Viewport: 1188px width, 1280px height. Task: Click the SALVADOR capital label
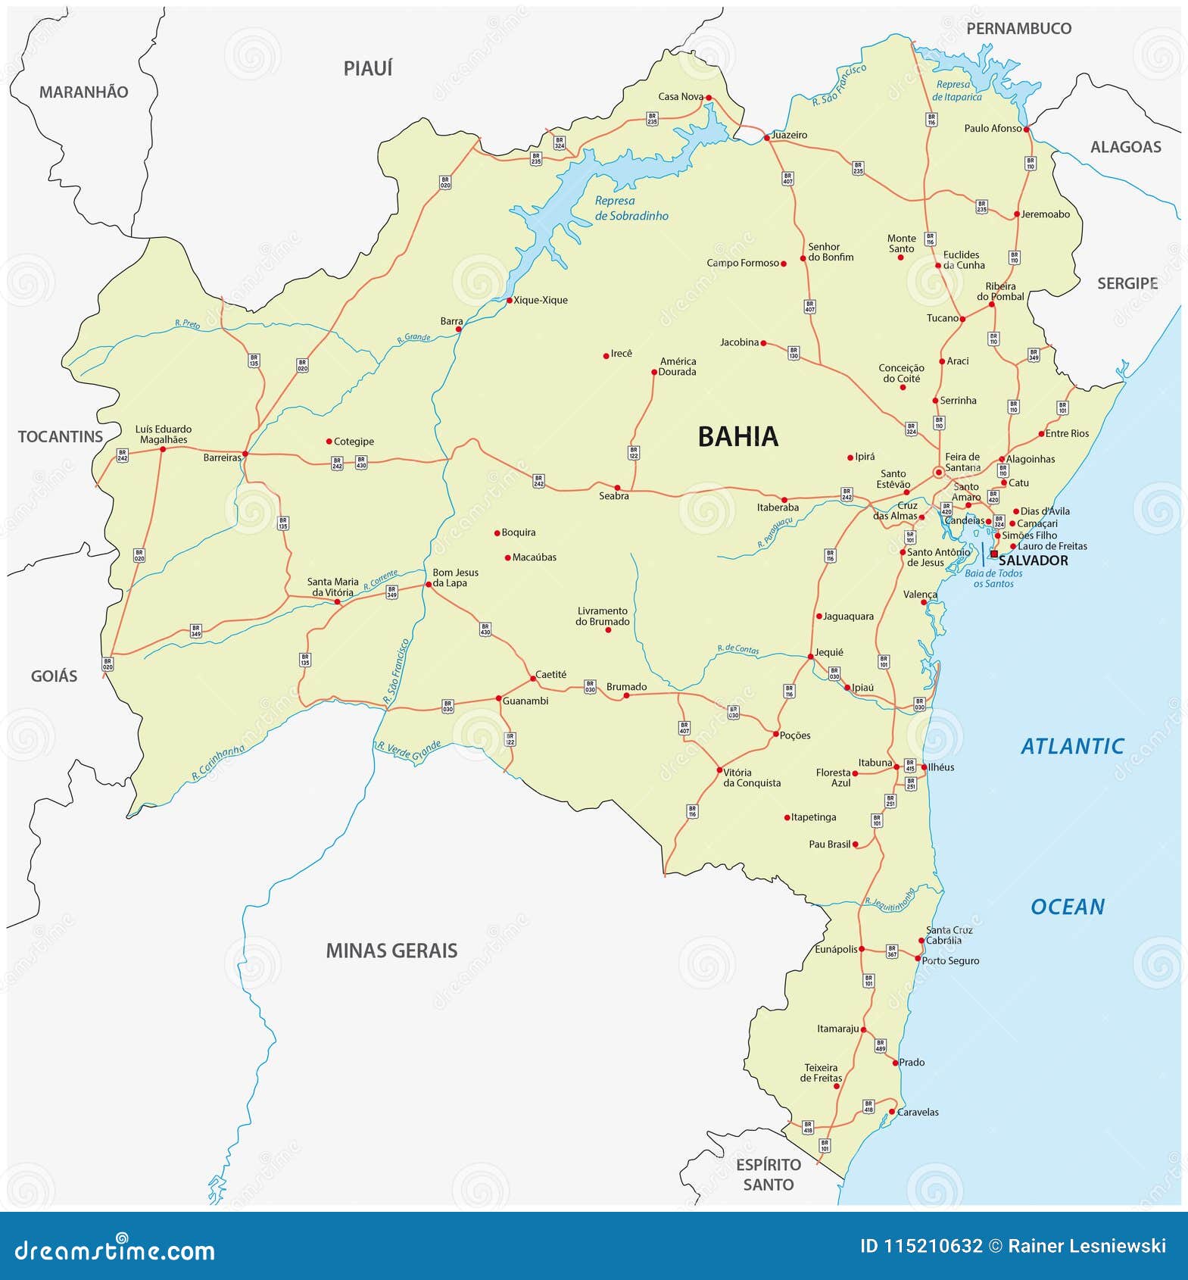click(1033, 560)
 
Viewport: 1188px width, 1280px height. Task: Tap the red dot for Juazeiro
click(766, 138)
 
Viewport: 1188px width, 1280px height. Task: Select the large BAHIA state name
click(737, 436)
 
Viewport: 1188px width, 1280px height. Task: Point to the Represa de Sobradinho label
click(631, 208)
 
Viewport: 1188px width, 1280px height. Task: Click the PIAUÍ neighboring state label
click(368, 69)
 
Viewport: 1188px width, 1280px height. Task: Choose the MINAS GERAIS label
click(391, 951)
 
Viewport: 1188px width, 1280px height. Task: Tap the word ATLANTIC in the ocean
click(1072, 747)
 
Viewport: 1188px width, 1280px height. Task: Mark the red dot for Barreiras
click(245, 454)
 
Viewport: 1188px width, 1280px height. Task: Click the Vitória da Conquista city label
click(751, 778)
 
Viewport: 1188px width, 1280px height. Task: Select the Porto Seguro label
click(950, 960)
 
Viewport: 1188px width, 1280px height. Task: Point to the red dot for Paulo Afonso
click(1027, 130)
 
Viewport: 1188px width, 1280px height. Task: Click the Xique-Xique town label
click(540, 300)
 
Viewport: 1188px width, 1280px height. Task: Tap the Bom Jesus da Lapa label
click(455, 578)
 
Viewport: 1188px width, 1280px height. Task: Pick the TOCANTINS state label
click(60, 437)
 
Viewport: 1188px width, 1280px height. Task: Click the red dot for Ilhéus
click(924, 767)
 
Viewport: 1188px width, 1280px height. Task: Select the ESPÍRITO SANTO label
click(768, 1175)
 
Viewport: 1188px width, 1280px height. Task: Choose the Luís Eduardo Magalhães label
click(164, 434)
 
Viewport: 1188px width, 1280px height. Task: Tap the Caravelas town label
click(918, 1112)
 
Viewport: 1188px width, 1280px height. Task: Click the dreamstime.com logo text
click(115, 1250)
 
